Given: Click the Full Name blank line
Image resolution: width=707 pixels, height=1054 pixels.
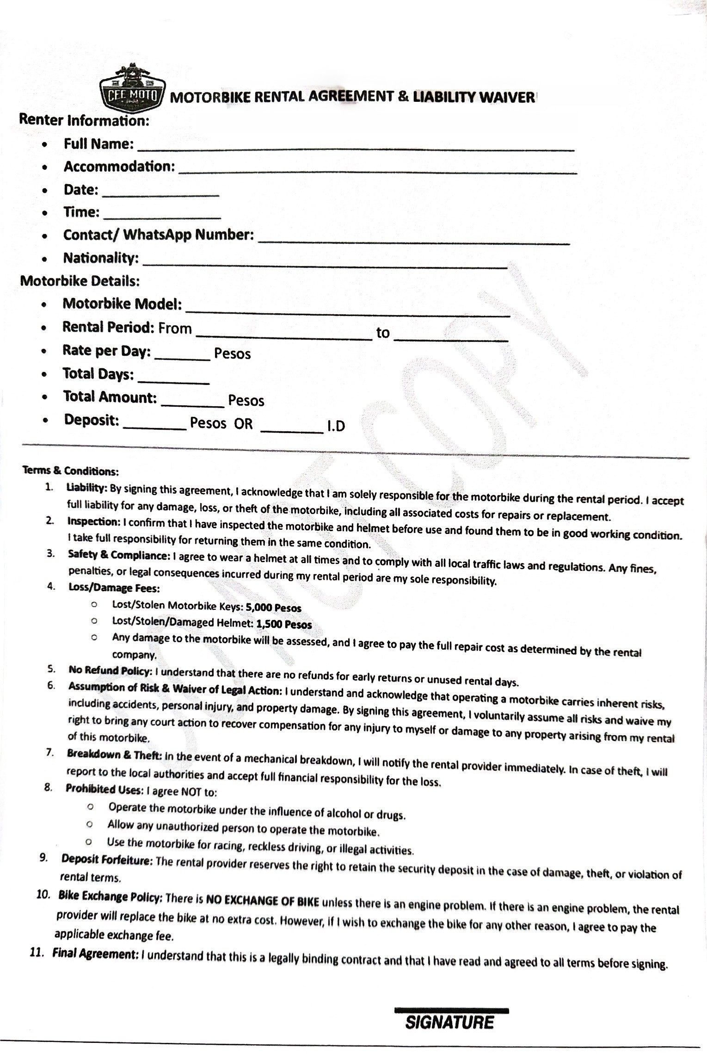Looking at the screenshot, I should tap(356, 147).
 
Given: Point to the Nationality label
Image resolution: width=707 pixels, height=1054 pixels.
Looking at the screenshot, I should tap(101, 258).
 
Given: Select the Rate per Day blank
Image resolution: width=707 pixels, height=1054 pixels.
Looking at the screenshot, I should tap(182, 357).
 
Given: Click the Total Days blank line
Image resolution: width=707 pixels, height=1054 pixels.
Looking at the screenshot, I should tap(174, 380).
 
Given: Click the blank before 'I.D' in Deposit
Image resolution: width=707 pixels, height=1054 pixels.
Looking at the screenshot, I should tap(292, 429).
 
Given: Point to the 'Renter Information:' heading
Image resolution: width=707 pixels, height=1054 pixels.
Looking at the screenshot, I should tap(84, 120).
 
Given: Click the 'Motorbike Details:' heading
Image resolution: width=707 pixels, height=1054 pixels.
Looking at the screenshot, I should tap(80, 281).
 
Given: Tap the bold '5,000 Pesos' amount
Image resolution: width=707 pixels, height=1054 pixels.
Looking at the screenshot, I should tap(274, 608).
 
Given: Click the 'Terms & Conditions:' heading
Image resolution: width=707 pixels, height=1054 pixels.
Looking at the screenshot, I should tap(71, 471).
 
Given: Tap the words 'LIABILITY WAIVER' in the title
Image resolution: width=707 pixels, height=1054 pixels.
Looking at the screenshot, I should tap(474, 98).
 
